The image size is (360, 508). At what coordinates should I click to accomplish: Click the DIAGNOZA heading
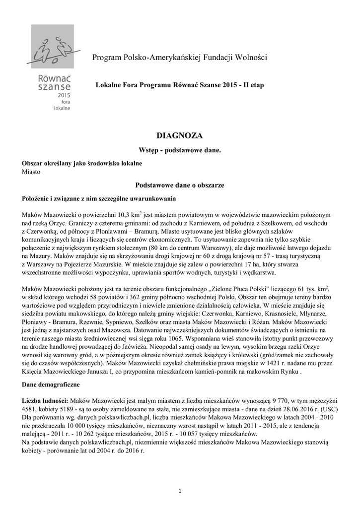[x=180, y=135]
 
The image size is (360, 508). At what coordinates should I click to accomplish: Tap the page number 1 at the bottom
[x=180, y=491]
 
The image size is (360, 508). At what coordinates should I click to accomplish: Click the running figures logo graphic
[x=53, y=50]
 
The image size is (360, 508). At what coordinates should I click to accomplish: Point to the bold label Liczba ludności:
[x=45, y=400]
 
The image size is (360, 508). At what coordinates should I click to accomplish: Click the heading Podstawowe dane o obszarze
[x=180, y=185]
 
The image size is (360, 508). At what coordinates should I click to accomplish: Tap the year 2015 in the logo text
[x=64, y=94]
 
